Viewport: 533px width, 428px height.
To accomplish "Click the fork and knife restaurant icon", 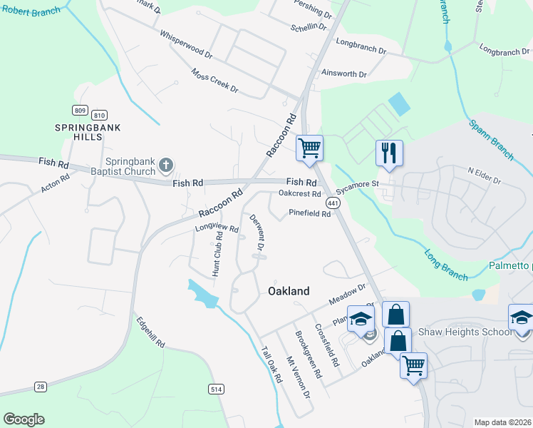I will click(389, 153).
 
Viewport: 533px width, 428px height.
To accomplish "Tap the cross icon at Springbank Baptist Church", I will click(165, 165).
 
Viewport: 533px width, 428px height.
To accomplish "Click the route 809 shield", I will click(80, 110).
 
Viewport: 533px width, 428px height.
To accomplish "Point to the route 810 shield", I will click(100, 115).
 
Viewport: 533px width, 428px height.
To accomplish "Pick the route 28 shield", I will click(41, 387).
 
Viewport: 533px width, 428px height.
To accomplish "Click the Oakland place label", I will click(289, 291).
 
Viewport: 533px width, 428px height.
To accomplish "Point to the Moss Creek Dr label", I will click(214, 80).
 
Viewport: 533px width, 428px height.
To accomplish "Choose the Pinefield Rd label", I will click(310, 213).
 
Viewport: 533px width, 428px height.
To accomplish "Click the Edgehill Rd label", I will click(150, 332).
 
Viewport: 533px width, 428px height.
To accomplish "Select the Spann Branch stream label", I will click(491, 140).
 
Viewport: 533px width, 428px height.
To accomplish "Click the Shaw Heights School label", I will click(465, 332).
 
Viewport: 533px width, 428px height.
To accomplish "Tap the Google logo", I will click(24, 419).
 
